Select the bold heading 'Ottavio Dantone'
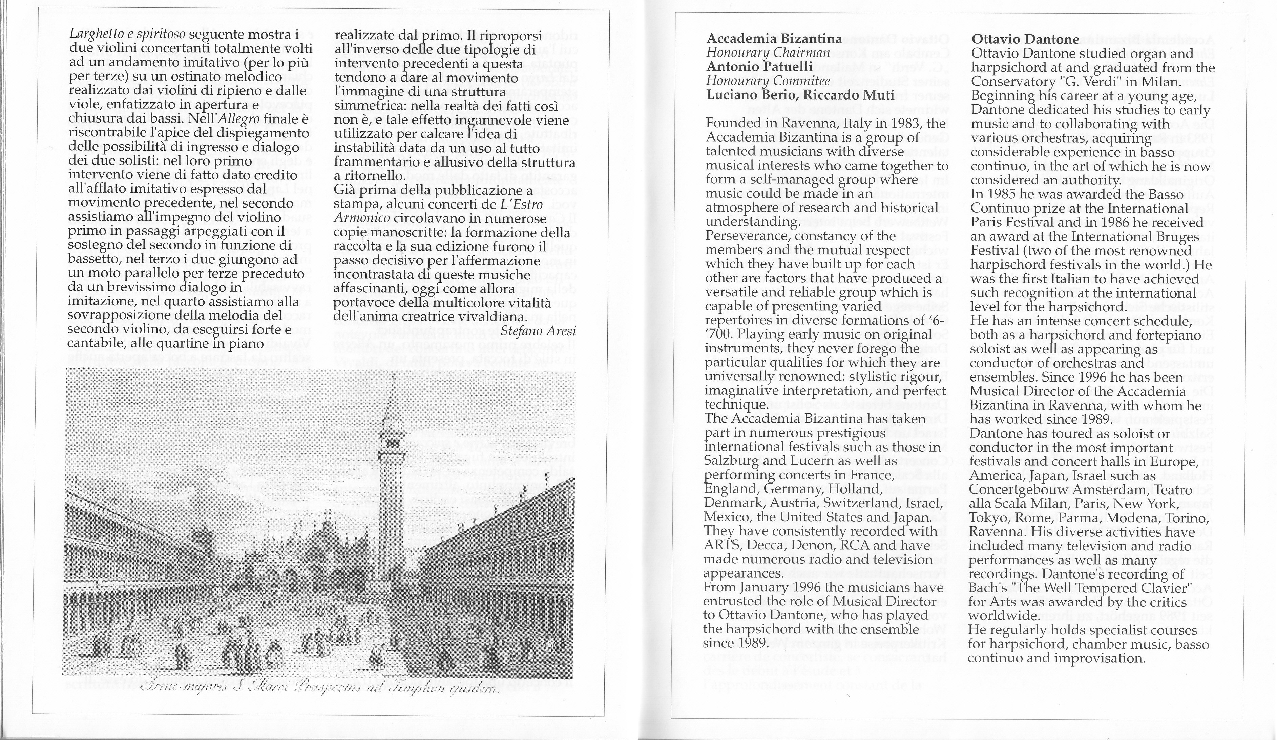1024,39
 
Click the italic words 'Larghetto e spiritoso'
127,35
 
